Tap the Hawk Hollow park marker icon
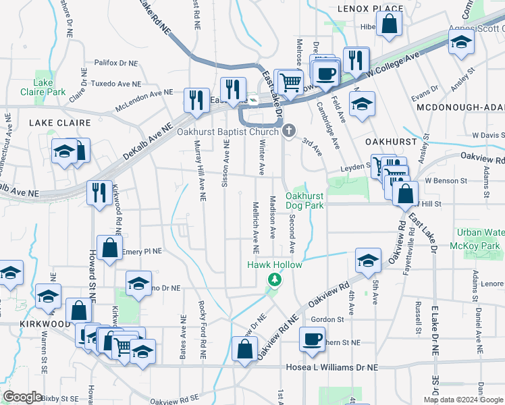274,279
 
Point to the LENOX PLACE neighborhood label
370,8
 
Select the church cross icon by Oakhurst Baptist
290,130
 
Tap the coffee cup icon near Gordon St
312,339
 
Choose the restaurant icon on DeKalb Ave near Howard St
101,192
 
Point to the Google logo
23,397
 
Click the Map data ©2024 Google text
463,400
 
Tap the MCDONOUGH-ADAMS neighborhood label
460,107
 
